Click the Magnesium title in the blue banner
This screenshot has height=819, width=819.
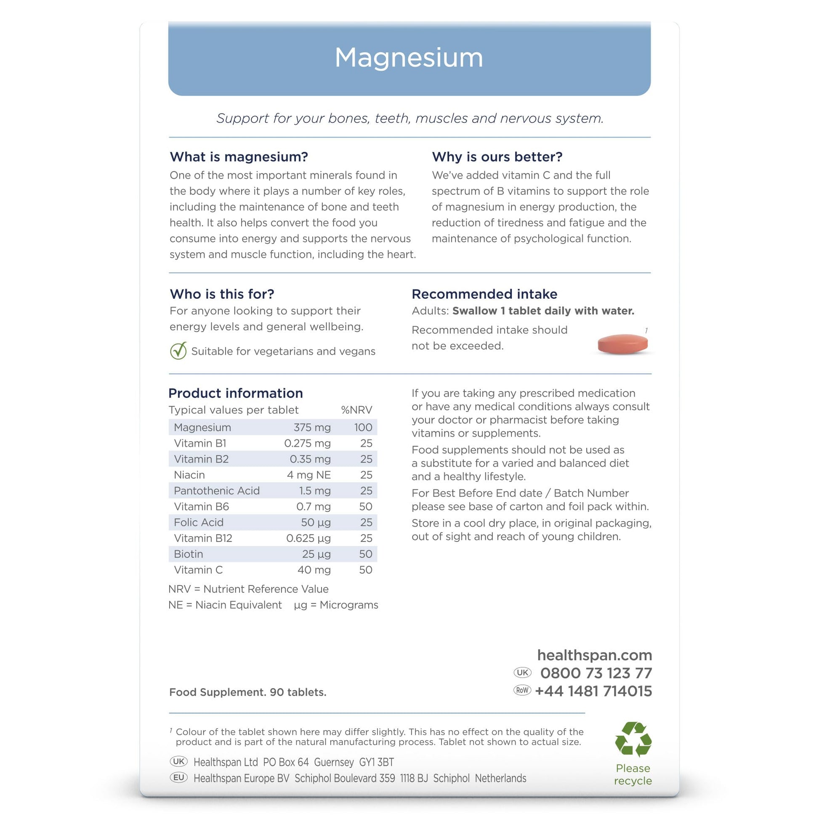click(x=409, y=58)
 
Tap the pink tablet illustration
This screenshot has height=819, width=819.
click(x=622, y=344)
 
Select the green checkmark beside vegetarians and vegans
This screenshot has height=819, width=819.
click(x=178, y=351)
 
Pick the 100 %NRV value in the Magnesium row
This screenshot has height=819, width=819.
click(x=363, y=427)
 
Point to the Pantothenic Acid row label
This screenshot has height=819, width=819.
click(x=217, y=490)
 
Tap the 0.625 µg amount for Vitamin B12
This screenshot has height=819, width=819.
click(x=308, y=538)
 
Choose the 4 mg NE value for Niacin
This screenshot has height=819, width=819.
click(x=308, y=475)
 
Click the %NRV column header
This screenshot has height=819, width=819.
click(x=356, y=410)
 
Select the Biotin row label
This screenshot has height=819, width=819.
click(x=189, y=554)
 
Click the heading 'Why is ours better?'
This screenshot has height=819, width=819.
click(x=497, y=157)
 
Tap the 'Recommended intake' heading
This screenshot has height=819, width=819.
click(x=484, y=294)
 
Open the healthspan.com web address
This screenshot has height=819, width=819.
click(x=594, y=655)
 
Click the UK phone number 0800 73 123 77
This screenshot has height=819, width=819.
click(x=596, y=673)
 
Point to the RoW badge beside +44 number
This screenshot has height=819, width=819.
click(x=522, y=691)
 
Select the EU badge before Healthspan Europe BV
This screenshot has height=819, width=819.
click(x=179, y=778)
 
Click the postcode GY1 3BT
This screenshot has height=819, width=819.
click(x=376, y=762)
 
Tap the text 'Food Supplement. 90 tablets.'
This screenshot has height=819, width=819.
click(x=247, y=692)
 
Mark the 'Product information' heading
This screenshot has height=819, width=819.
click(x=236, y=393)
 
